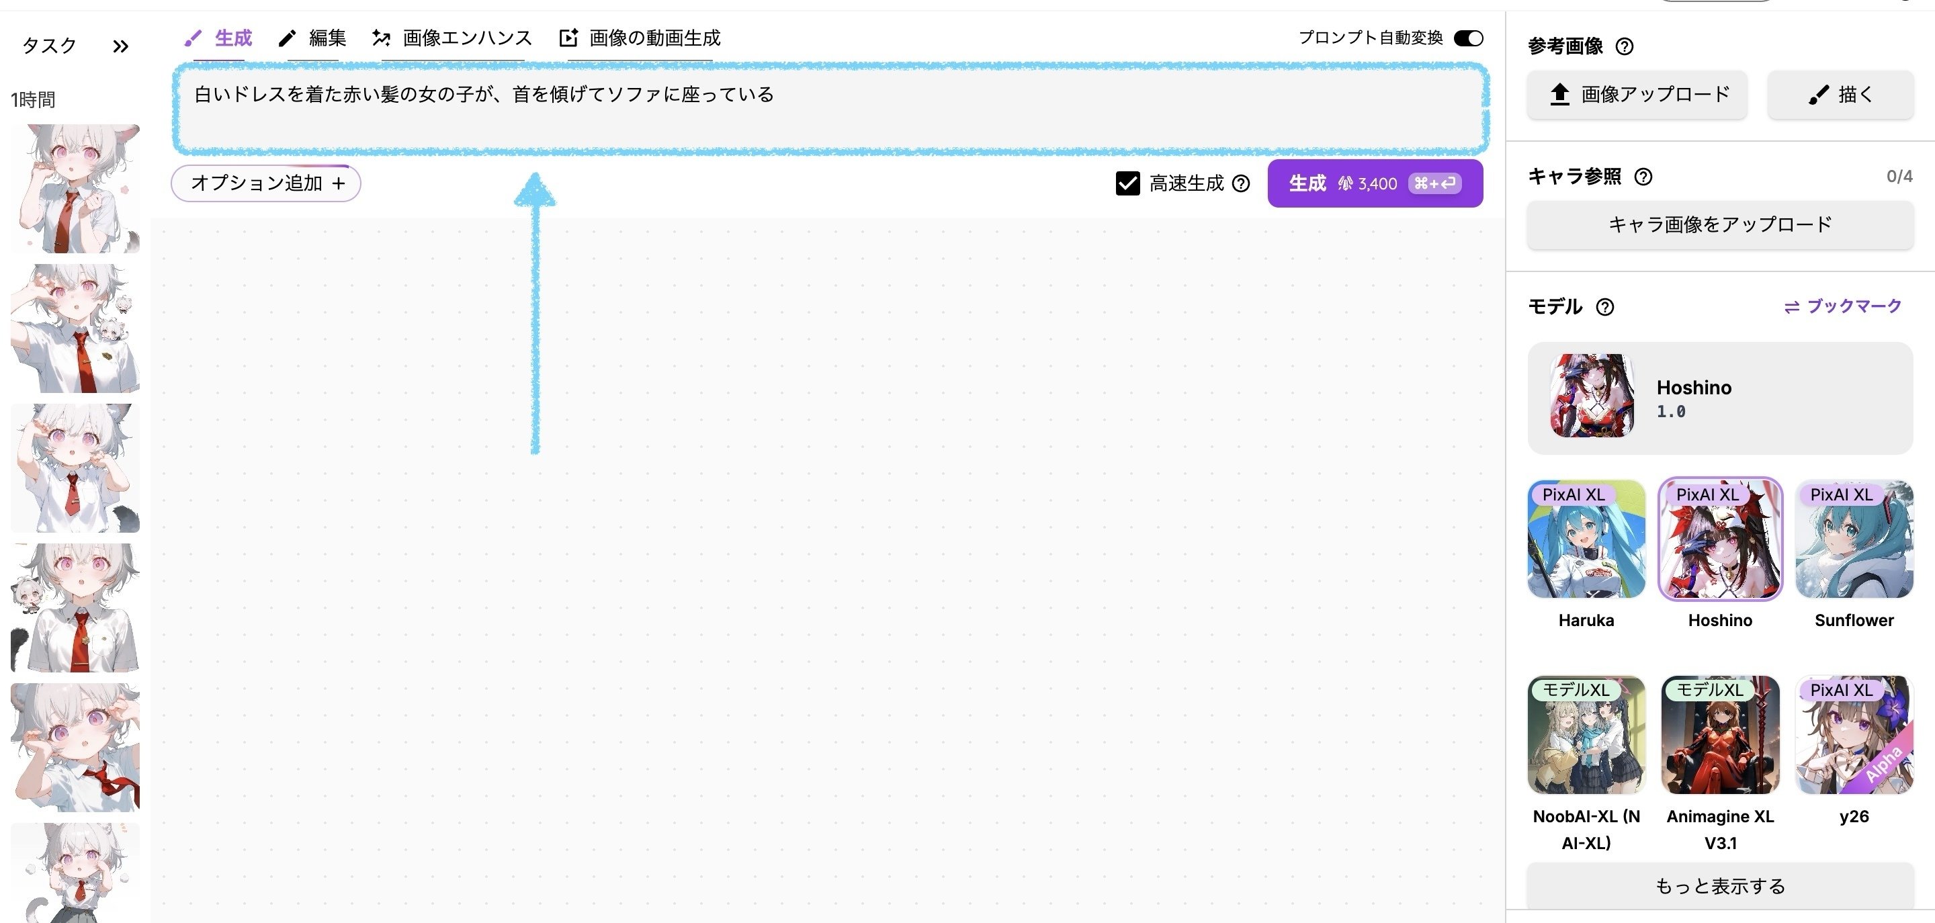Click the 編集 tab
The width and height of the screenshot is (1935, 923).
coord(312,38)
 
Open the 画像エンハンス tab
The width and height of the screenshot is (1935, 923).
coord(452,38)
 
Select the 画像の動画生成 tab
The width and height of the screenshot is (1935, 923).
coord(641,38)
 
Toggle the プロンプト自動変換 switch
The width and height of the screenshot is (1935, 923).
coord(1468,38)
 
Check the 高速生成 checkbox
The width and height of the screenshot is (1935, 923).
coord(1127,183)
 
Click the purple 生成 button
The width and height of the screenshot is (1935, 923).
coord(1375,183)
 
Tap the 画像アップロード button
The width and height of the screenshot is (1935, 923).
coord(1637,95)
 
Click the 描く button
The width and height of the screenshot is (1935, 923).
coord(1840,95)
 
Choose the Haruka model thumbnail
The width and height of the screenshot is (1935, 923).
coord(1586,539)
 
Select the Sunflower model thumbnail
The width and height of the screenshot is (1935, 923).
coord(1854,539)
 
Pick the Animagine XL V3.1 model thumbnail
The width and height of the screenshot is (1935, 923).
coord(1720,734)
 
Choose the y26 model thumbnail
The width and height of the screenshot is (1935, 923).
coord(1854,734)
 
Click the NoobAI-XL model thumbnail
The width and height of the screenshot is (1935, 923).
coord(1586,734)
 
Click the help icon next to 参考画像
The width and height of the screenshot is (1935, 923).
coord(1624,46)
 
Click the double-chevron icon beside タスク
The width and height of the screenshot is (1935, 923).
coord(120,46)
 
